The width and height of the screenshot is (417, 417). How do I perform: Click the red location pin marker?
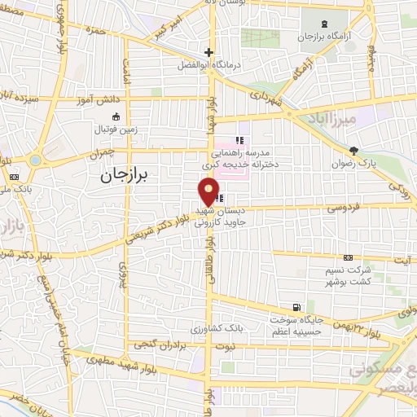click(209, 192)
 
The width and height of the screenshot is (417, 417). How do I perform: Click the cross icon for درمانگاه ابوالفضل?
click(209, 51)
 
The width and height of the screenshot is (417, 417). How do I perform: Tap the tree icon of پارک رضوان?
click(353, 150)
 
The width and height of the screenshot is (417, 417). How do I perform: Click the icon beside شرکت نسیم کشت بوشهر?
click(349, 257)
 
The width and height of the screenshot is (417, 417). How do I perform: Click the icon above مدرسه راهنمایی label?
click(239, 140)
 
